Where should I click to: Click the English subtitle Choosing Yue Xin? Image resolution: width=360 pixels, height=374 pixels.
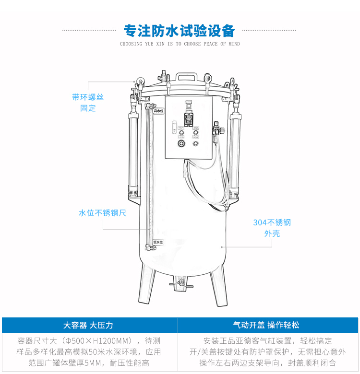(x=180, y=44)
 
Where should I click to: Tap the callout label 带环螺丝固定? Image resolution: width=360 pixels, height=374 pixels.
(x=88, y=103)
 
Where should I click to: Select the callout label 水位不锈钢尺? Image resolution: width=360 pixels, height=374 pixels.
(x=102, y=213)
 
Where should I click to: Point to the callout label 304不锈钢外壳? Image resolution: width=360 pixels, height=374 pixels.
(x=272, y=228)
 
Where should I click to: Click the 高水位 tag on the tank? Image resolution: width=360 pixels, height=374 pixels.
(x=158, y=111)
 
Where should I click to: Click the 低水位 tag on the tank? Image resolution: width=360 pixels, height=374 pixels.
(x=158, y=243)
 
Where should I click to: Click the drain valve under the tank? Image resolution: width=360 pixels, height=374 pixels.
(x=180, y=283)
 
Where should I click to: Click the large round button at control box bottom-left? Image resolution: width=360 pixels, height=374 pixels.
(x=181, y=144)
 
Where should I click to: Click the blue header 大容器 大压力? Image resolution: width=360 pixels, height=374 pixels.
(x=88, y=325)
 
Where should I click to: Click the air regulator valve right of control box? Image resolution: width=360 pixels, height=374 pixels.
(x=217, y=129)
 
